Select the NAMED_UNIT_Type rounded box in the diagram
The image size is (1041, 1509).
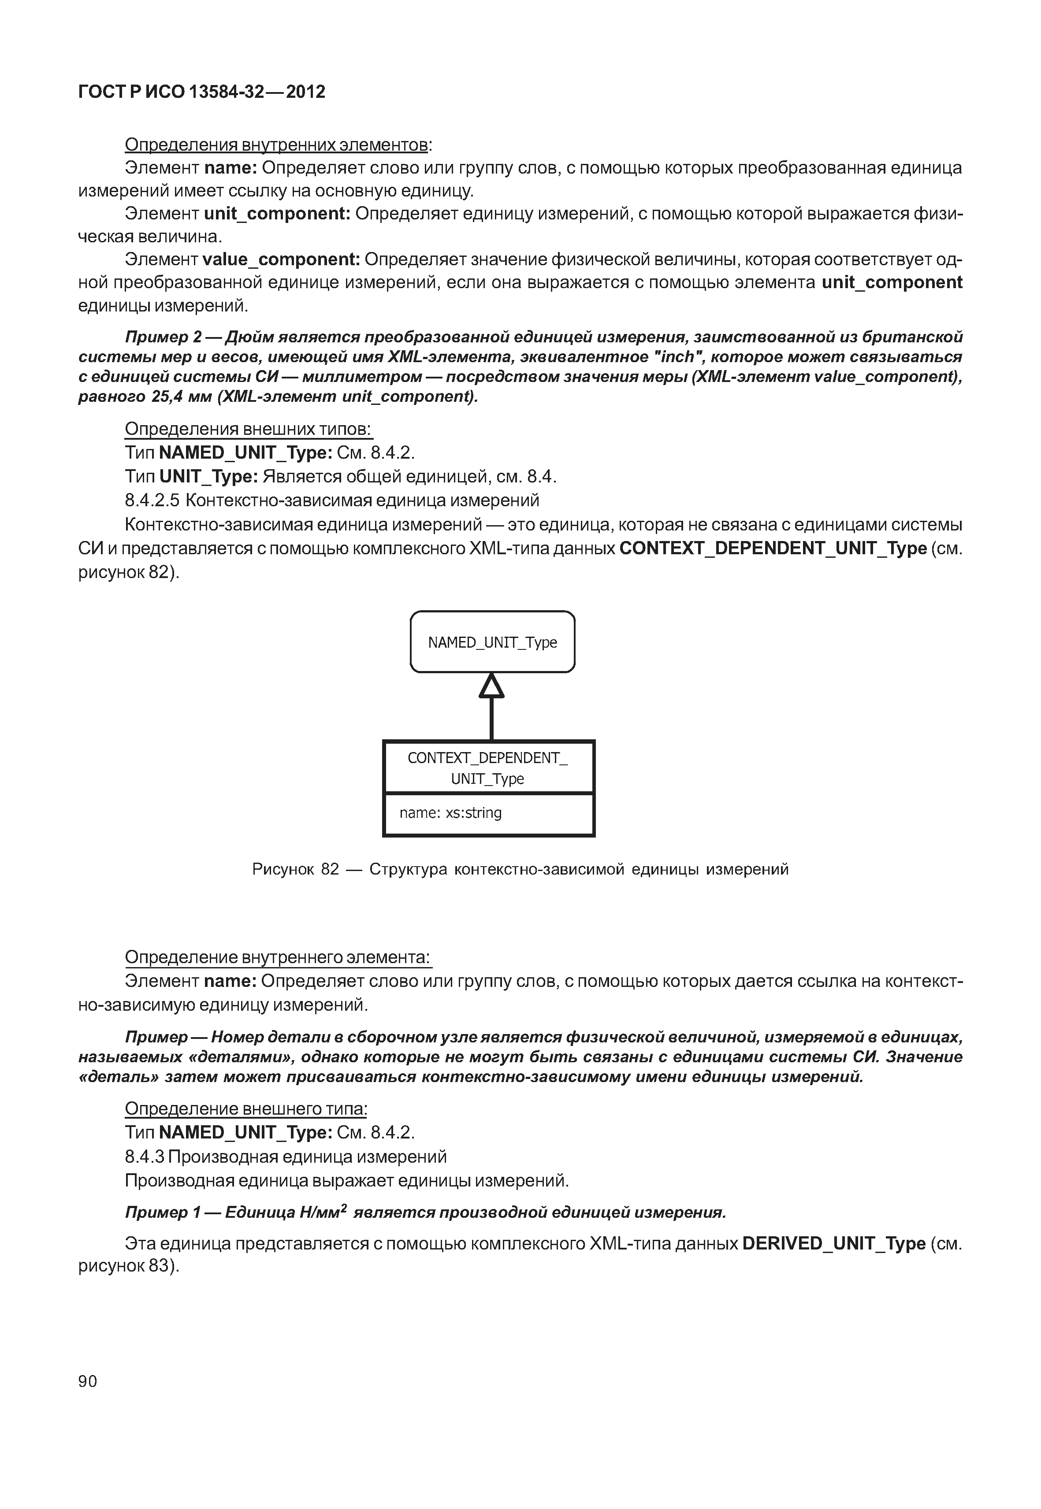coord(492,642)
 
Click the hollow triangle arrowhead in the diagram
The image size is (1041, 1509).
coord(491,686)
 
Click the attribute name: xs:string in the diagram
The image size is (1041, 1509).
coord(450,813)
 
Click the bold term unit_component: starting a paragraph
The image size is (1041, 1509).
coord(277,213)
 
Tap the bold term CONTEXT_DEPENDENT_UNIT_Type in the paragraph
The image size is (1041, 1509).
coord(773,549)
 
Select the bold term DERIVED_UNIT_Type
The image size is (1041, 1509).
coord(833,1244)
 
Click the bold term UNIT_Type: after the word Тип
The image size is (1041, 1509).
coord(209,477)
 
